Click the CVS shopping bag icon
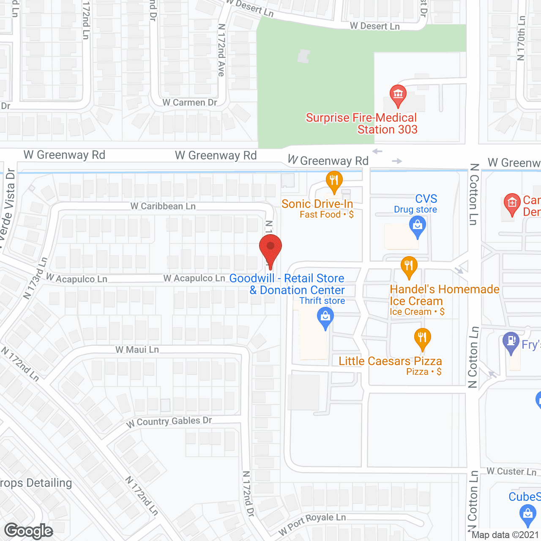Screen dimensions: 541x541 point(418,225)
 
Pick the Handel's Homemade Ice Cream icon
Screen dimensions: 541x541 point(409,266)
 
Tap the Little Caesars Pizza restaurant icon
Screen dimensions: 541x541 point(422,338)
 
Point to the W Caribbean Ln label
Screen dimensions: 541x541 point(163,206)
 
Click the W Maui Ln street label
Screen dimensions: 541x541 point(137,350)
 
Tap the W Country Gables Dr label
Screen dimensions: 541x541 point(169,421)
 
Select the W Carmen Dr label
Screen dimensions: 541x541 point(190,102)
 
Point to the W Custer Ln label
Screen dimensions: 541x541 point(511,471)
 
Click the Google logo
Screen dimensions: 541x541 point(29,531)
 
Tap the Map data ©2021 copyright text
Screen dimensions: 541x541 point(505,535)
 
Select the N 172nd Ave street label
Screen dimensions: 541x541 point(221,50)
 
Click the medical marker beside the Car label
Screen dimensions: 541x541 point(512,204)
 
